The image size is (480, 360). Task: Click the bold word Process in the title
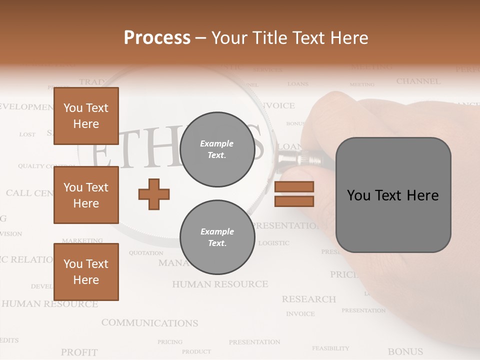pyautogui.click(x=157, y=37)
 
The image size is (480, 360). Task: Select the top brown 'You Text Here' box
pyautogui.click(x=86, y=116)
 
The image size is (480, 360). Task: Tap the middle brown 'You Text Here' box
pyautogui.click(x=86, y=195)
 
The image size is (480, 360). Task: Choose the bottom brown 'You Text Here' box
pyautogui.click(x=86, y=271)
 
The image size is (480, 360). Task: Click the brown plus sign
pyautogui.click(x=154, y=194)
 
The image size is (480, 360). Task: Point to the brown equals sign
pyautogui.click(x=294, y=194)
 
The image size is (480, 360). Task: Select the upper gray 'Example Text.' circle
pyautogui.click(x=217, y=149)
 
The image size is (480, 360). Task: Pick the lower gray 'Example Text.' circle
pyautogui.click(x=217, y=237)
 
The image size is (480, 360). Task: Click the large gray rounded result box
pyautogui.click(x=393, y=195)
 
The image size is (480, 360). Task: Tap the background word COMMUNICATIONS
pyautogui.click(x=149, y=323)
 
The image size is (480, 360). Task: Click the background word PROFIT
pyautogui.click(x=79, y=352)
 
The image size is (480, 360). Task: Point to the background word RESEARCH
pyautogui.click(x=308, y=299)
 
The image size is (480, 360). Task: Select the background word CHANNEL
pyautogui.click(x=418, y=81)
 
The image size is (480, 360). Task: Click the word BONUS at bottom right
pyautogui.click(x=405, y=351)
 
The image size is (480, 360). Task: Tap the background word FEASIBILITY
pyautogui.click(x=330, y=348)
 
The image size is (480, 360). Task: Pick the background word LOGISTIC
pyautogui.click(x=273, y=243)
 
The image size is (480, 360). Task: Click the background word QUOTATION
pyautogui.click(x=146, y=253)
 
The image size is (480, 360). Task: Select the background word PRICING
pyautogui.click(x=170, y=342)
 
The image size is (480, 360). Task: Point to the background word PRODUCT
pyautogui.click(x=196, y=351)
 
